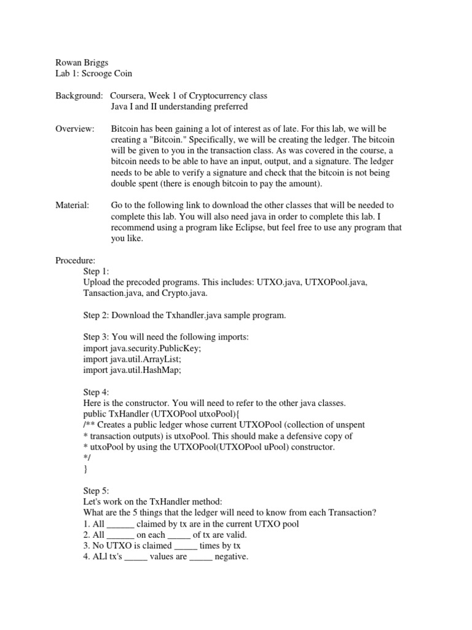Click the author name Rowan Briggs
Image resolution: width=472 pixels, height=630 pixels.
pyautogui.click(x=81, y=63)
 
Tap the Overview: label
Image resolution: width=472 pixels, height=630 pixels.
pyautogui.click(x=75, y=129)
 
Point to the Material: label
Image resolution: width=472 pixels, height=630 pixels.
pyautogui.click(x=73, y=205)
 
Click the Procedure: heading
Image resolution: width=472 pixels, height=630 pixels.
pyautogui.click(x=76, y=260)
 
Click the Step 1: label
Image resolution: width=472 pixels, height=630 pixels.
pyautogui.click(x=96, y=271)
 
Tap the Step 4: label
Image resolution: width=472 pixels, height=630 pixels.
pyautogui.click(x=96, y=392)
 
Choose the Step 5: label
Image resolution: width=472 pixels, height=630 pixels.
pyautogui.click(x=96, y=491)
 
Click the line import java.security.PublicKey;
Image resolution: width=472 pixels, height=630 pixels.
pyautogui.click(x=142, y=348)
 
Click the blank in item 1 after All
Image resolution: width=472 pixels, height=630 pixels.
pyautogui.click(x=120, y=524)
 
